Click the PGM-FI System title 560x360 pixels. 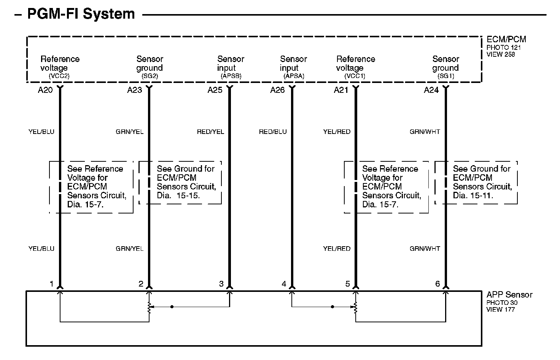coord(81,14)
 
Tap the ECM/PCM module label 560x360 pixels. coord(506,39)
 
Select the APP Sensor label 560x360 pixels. coord(509,295)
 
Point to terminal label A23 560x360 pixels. coord(135,90)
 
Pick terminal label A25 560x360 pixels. coord(215,90)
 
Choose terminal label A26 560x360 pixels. coord(278,90)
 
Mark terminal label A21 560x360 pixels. coord(341,90)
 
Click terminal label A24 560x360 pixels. coord(431,90)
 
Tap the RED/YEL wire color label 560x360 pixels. coord(210,132)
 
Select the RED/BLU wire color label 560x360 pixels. coord(273,132)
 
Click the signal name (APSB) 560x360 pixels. coord(231,76)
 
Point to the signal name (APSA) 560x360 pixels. coord(294,76)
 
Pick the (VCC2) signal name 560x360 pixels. coord(59,76)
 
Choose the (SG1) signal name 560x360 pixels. coord(445,76)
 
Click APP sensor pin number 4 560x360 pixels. coord(284,284)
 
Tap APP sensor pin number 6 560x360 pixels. coord(437,284)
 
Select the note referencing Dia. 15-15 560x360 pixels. coord(186,182)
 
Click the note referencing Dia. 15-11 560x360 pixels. coord(482,182)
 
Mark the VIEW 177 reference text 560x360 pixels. coord(500,309)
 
